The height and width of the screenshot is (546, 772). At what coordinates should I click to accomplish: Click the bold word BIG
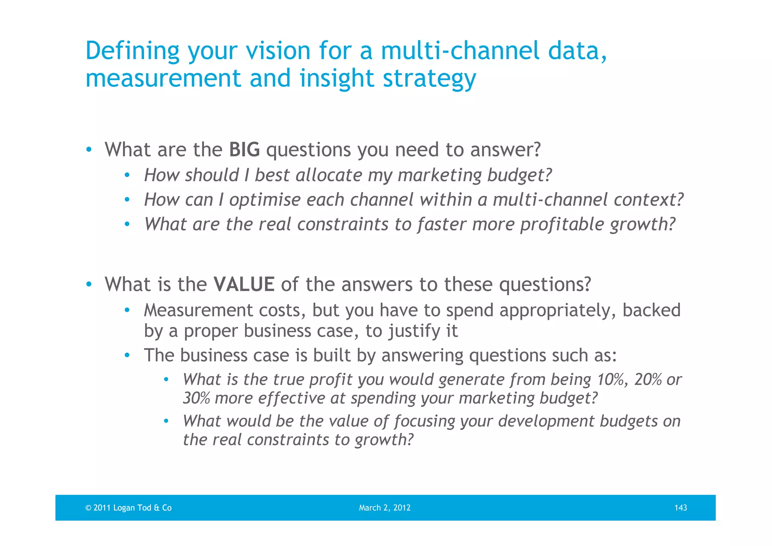(244, 150)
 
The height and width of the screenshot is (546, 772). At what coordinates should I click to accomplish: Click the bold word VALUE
(244, 284)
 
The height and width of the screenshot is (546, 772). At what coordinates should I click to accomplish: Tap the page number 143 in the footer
(680, 508)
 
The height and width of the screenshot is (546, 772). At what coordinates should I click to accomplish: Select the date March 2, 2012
(384, 508)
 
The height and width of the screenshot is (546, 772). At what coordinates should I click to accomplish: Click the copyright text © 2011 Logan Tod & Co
(129, 508)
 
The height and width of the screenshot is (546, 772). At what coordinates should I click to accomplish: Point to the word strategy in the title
(429, 78)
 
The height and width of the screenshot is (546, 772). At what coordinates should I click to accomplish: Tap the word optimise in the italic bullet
(265, 200)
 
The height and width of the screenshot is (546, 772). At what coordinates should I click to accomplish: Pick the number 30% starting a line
(196, 398)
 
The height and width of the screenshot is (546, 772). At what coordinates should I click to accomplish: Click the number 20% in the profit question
(648, 379)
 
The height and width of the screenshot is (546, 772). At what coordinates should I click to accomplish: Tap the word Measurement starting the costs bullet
(198, 310)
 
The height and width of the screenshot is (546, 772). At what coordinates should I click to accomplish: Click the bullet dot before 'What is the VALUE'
(89, 284)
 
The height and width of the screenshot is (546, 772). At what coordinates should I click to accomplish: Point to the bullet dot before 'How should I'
(127, 175)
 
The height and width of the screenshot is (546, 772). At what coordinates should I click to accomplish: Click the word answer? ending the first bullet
(505, 150)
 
